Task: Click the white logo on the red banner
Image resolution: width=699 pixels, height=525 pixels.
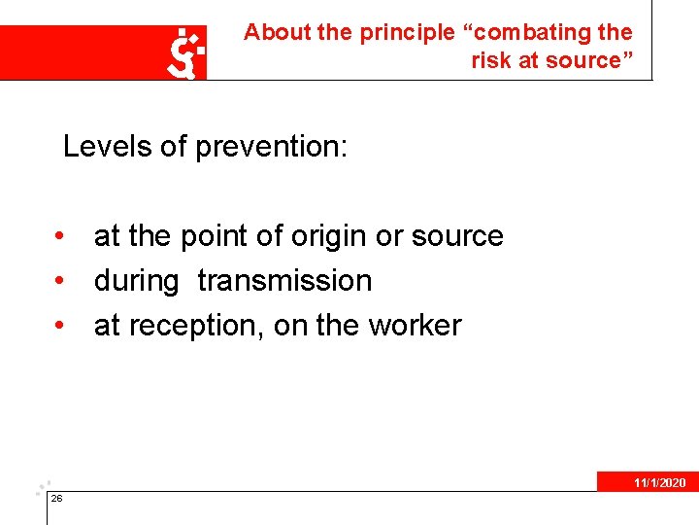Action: (185, 52)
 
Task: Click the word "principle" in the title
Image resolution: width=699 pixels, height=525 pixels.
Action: (407, 32)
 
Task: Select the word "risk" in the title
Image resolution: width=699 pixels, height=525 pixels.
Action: (491, 60)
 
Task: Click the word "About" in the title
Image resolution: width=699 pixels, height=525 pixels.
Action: (277, 32)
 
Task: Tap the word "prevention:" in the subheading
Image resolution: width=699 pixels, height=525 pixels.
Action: (272, 147)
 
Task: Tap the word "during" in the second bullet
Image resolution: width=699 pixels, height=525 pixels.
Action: (136, 281)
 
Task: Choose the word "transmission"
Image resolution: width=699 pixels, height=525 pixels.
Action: (284, 281)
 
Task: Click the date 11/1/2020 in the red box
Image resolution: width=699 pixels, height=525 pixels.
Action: (659, 483)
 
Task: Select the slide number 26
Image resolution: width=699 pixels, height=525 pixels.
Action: (56, 499)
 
